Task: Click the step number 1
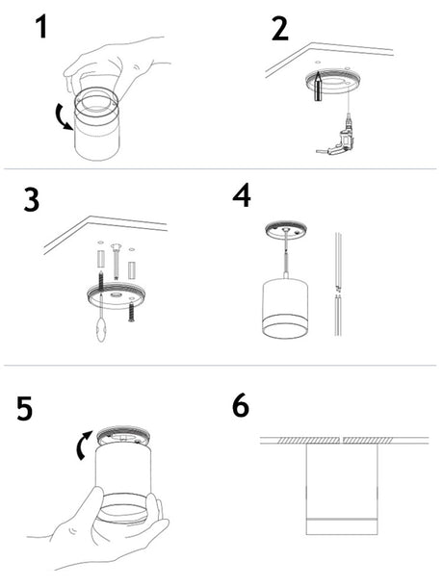click(x=42, y=27)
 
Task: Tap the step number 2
click(x=280, y=28)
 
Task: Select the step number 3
click(x=32, y=200)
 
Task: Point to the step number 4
click(x=242, y=195)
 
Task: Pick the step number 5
click(x=25, y=409)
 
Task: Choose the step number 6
click(x=240, y=405)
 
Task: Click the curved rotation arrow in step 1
click(x=63, y=117)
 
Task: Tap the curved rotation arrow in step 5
click(x=83, y=446)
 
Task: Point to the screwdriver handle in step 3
click(x=101, y=329)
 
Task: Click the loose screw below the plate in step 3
click(x=131, y=312)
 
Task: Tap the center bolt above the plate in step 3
click(x=116, y=261)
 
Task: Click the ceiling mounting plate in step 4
click(x=286, y=229)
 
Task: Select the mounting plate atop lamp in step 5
click(x=123, y=438)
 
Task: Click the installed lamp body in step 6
click(x=342, y=489)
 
